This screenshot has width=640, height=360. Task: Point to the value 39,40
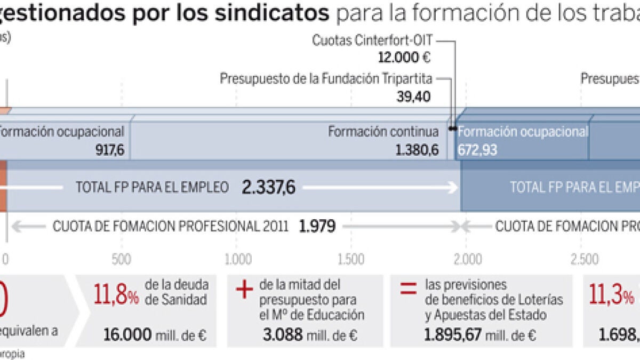pos(414,96)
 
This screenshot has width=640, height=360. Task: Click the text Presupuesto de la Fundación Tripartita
pos(326,79)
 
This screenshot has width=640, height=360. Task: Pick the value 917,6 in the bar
pos(110,150)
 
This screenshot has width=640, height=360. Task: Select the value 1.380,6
pos(418,150)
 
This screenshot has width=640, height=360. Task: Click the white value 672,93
pos(477,150)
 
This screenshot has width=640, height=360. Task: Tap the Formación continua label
pos(383,132)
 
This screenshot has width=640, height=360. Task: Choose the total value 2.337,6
pos(269,187)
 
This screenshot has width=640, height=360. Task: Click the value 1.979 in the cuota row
pos(317,227)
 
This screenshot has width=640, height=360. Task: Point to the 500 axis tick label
pos(122,259)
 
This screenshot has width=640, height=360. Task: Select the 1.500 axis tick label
pos(350,259)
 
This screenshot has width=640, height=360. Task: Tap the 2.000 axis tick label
pos(466,259)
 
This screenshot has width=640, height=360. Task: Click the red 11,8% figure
pos(116,293)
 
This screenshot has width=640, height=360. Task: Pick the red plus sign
pos(243,290)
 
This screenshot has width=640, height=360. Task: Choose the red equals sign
pos(408,290)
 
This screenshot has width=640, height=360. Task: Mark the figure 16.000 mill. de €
pos(155,335)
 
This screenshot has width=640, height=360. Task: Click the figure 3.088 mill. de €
pos(310,335)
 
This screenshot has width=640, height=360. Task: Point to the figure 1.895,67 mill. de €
pos(480,335)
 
